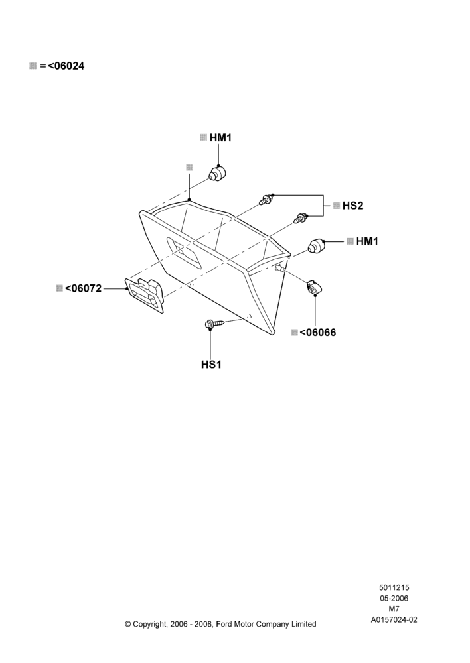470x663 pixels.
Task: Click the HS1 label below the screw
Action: [x=211, y=365]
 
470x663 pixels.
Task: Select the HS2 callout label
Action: [x=352, y=206]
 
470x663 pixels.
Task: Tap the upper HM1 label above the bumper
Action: [x=220, y=137]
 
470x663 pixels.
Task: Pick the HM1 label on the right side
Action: [x=367, y=241]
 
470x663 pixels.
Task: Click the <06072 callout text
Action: [x=83, y=288]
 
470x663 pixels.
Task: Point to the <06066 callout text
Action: [x=317, y=332]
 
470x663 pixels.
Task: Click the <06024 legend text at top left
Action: [x=66, y=66]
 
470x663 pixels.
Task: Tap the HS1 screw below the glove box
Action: [x=214, y=324]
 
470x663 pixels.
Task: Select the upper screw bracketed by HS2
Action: [x=267, y=199]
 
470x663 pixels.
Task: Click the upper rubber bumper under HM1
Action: [x=218, y=173]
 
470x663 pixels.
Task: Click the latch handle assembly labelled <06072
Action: [x=145, y=295]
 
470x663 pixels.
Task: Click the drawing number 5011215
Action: [x=394, y=587]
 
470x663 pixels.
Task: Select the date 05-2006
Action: [x=394, y=598]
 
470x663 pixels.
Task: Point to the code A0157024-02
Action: [x=394, y=620]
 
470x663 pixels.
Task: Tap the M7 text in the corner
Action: [x=394, y=609]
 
